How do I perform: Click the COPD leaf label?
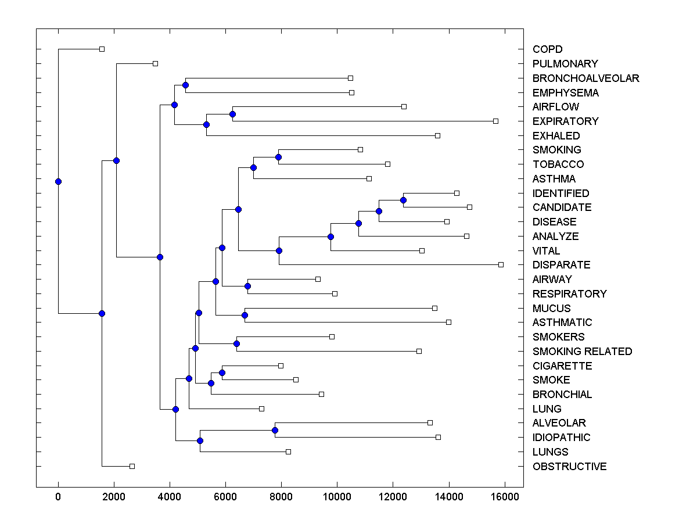click(547, 49)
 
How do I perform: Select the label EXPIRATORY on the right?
click(565, 121)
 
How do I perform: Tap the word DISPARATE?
click(561, 265)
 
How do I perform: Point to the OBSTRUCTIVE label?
click(569, 467)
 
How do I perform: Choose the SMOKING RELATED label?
click(582, 352)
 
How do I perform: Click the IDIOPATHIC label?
click(561, 438)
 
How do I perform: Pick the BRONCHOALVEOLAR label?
click(585, 78)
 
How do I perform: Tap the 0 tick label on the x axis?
click(58, 496)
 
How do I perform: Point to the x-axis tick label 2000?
click(114, 496)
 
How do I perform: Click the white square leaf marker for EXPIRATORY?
click(495, 121)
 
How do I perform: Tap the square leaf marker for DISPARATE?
click(501, 264)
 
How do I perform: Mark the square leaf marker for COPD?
click(102, 49)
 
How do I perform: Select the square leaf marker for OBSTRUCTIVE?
click(132, 466)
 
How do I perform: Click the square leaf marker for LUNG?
click(261, 409)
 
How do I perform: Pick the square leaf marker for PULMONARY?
click(155, 63)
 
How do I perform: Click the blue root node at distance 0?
click(58, 181)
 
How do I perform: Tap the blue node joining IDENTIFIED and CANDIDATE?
click(403, 200)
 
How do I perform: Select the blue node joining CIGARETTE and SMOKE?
click(222, 372)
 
